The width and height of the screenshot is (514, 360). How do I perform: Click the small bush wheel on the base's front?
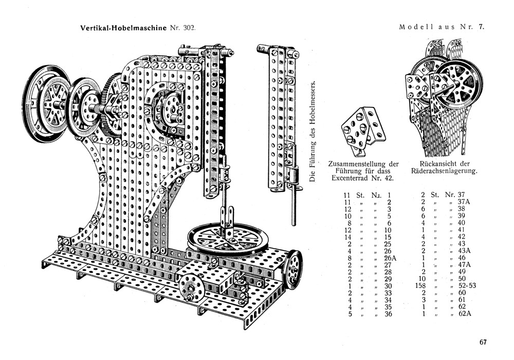[x=190, y=286]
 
